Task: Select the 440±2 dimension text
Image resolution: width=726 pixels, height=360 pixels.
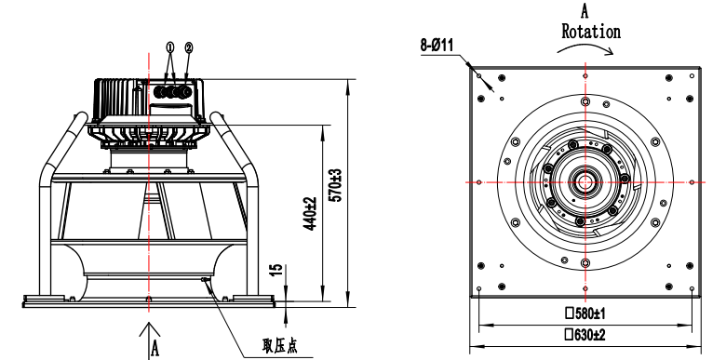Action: pos(311,214)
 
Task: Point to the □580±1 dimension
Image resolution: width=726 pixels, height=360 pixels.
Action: pos(585,314)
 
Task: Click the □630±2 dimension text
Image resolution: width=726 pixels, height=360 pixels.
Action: pos(585,334)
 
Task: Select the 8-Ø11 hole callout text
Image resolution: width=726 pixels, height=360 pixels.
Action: pos(437,46)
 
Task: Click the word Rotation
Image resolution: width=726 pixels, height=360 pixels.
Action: pos(591,32)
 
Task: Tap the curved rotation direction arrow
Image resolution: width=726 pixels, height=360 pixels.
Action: pos(585,46)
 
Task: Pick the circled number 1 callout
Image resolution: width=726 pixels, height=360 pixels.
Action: pos(170,47)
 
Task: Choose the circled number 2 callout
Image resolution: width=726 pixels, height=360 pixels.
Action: pos(188,47)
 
